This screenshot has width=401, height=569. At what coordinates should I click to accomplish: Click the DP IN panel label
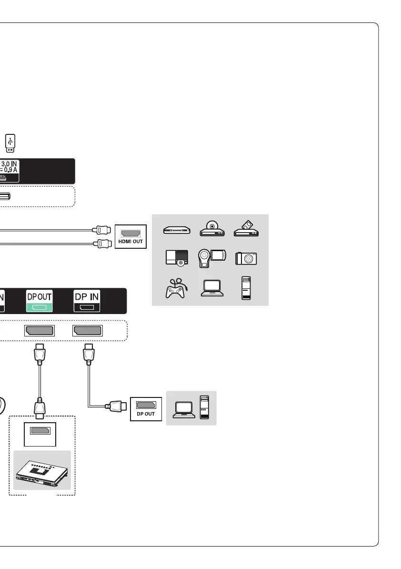[86, 296]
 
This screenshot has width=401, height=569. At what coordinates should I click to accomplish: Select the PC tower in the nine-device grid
[246, 288]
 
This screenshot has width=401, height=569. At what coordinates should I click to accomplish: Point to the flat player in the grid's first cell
[176, 231]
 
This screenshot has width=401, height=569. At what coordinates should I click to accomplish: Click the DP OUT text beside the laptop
[146, 414]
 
